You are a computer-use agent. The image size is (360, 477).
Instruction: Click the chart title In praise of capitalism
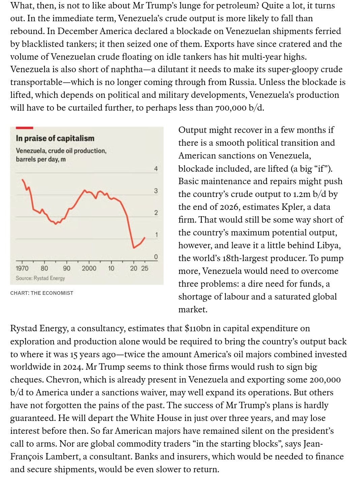(x=55, y=138)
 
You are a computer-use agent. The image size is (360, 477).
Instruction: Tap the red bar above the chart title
(x=24, y=128)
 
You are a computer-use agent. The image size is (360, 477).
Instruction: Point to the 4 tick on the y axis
(x=156, y=169)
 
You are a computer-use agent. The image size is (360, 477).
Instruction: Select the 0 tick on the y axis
(x=156, y=257)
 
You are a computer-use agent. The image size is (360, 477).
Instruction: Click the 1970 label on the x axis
(x=22, y=269)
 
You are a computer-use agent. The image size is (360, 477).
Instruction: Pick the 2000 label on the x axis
(x=89, y=269)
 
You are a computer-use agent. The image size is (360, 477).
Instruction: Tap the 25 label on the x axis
(x=145, y=269)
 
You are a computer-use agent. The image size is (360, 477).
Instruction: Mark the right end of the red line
(x=145, y=237)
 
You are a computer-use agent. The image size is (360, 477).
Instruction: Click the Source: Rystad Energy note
(x=40, y=278)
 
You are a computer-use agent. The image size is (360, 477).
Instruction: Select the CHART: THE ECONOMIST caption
(x=42, y=293)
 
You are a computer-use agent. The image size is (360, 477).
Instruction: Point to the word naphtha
(x=126, y=69)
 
